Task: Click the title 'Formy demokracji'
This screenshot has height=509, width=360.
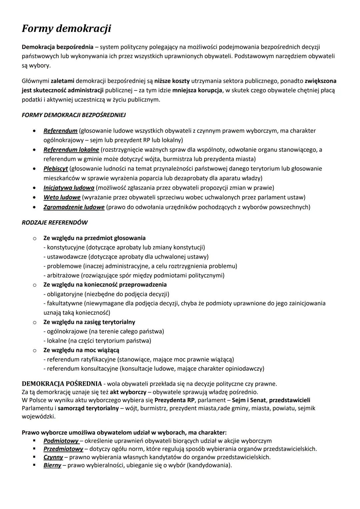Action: tap(66, 29)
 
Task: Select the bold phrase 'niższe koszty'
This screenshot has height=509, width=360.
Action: tap(172, 81)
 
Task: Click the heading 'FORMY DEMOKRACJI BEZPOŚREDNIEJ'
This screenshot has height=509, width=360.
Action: tap(74, 115)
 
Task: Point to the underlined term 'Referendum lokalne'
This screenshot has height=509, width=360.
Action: tap(71, 150)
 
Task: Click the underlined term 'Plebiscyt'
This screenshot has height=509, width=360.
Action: tap(56, 168)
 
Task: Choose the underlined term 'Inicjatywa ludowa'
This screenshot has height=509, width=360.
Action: tap(69, 188)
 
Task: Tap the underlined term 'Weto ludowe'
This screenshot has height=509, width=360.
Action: tap(62, 197)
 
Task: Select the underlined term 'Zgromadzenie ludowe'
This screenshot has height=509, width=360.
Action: tap(74, 207)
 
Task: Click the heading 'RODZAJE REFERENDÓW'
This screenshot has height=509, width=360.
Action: tap(55, 222)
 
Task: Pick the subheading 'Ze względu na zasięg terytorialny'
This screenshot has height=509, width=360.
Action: tap(89, 322)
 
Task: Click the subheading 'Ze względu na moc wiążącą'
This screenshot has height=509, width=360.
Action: tap(81, 350)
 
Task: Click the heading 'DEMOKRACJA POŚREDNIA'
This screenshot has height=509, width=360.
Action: tap(62, 383)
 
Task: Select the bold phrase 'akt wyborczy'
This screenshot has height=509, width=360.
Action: tap(128, 392)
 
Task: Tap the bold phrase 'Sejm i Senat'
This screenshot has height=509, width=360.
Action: tap(248, 400)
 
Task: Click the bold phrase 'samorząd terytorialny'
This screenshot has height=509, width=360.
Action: tap(88, 408)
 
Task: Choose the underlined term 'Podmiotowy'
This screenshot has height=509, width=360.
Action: tap(61, 441)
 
